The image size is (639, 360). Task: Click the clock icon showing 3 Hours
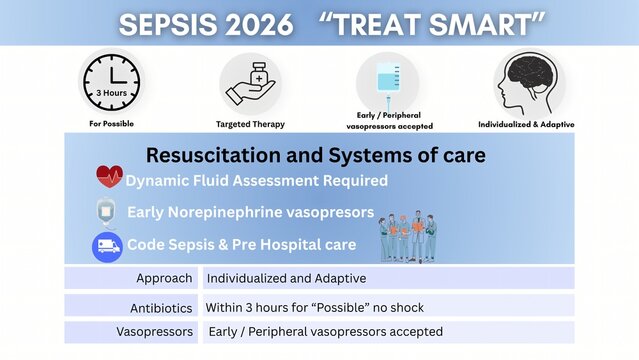point(111,84)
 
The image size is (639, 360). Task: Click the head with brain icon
point(528,83)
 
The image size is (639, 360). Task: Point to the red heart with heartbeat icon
point(109,177)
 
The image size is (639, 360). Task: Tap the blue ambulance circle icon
point(107,246)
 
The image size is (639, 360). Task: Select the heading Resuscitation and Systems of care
point(316,155)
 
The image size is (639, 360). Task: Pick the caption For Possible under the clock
point(111,125)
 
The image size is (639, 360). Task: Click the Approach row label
point(164,278)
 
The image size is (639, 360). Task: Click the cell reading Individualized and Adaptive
point(286,278)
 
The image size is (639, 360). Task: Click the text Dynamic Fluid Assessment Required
point(256,181)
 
